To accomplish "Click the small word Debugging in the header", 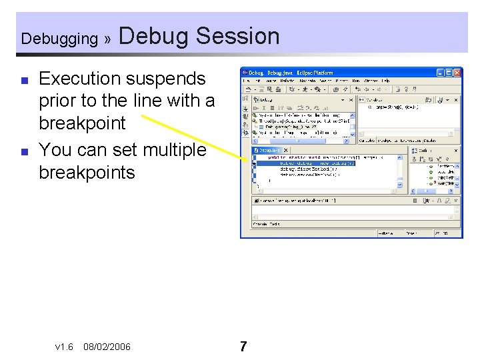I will [x=59, y=39].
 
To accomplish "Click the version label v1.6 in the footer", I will [x=64, y=347].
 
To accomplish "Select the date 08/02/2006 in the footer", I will [x=107, y=347].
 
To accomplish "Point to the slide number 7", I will [x=243, y=347].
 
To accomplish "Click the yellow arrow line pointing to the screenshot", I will [x=193, y=137].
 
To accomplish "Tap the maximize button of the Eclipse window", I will [x=449, y=72].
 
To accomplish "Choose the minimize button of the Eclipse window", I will [x=441, y=72].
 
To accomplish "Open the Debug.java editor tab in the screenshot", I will [x=269, y=151].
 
